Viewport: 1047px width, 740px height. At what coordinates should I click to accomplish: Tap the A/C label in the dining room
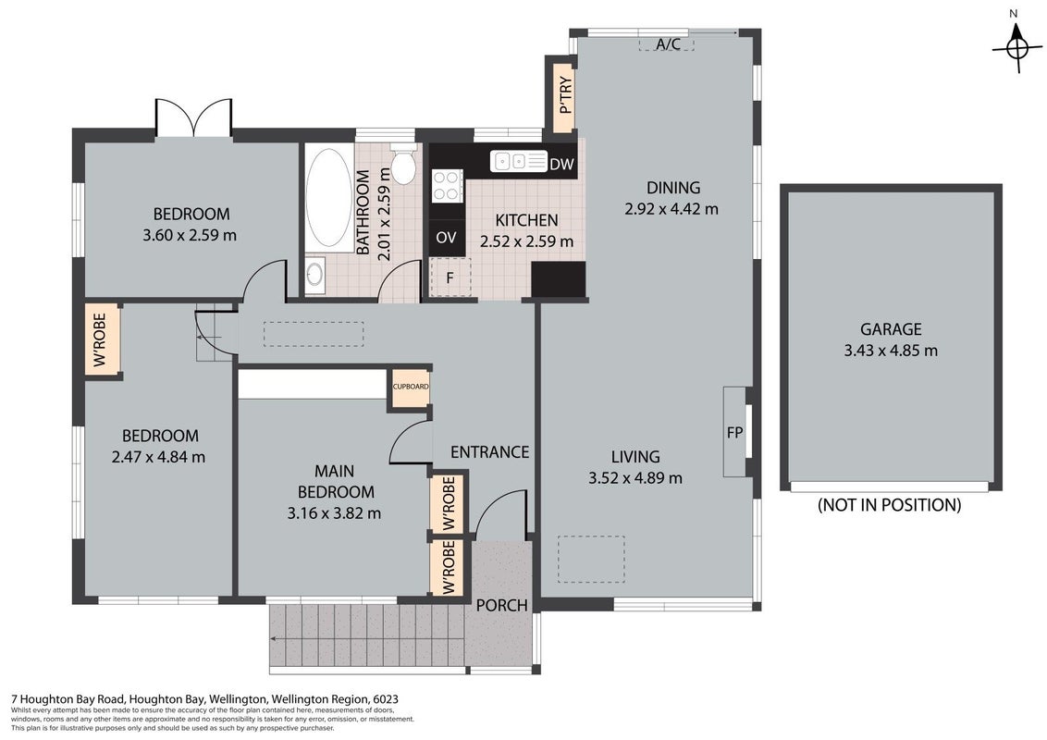(x=668, y=44)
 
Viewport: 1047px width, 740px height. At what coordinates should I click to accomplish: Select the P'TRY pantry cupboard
(x=561, y=95)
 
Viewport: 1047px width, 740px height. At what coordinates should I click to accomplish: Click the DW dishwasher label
(x=561, y=164)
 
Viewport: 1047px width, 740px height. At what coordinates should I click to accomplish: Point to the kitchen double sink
(x=519, y=161)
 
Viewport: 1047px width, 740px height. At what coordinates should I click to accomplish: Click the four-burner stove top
(x=448, y=185)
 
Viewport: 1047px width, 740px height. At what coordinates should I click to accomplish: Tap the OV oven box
(x=446, y=237)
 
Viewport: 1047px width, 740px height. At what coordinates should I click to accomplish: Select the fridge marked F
(x=450, y=277)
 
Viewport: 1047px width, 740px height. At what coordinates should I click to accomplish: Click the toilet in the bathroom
(x=402, y=162)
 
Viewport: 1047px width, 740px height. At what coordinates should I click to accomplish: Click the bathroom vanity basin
(x=314, y=275)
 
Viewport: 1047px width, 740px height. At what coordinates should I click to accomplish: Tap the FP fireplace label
(x=734, y=432)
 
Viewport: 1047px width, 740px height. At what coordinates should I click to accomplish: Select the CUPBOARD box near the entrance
(x=411, y=388)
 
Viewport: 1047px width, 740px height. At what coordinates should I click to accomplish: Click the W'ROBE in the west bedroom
(x=102, y=339)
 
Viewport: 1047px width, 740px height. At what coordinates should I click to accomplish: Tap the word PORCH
(x=502, y=605)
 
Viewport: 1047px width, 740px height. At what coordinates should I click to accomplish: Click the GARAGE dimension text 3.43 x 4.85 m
(x=891, y=350)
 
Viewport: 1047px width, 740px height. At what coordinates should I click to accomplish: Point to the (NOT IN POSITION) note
(x=890, y=505)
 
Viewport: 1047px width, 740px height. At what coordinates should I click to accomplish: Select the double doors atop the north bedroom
(x=193, y=118)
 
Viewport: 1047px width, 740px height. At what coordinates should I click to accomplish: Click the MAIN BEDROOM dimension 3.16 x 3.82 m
(x=335, y=513)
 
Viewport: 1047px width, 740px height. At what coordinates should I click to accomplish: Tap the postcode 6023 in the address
(x=387, y=699)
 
